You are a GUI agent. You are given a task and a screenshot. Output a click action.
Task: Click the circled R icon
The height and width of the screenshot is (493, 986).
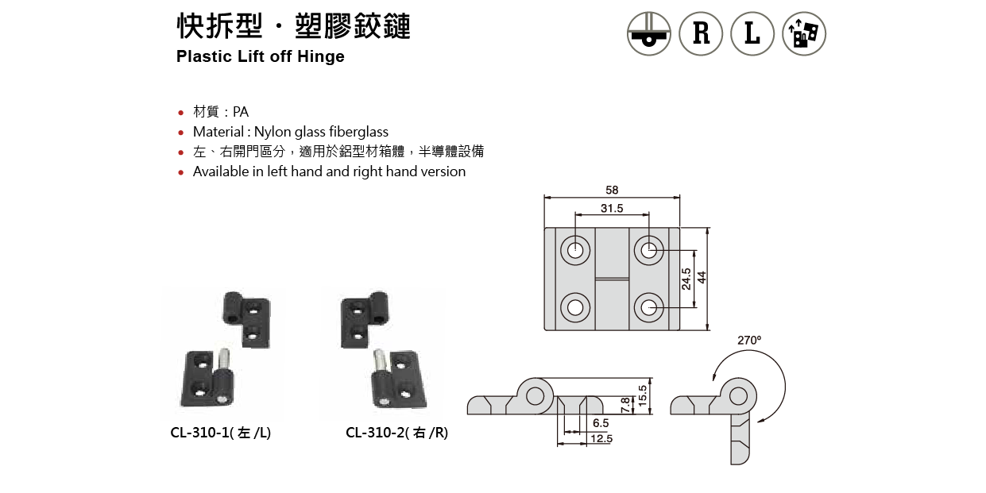(701, 33)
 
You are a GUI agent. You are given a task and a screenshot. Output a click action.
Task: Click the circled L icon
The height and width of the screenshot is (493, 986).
(752, 33)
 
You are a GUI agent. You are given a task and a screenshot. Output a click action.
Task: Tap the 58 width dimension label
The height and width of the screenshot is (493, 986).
(611, 191)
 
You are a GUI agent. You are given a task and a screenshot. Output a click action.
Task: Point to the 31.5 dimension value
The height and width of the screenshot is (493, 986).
(612, 209)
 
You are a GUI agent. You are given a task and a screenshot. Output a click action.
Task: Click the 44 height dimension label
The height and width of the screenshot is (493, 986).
(702, 277)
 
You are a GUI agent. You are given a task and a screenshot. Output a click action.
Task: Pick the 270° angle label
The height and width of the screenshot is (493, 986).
(748, 340)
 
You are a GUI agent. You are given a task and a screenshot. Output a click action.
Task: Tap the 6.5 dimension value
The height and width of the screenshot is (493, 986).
(601, 424)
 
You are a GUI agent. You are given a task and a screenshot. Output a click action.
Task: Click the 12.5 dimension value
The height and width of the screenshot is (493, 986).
(601, 438)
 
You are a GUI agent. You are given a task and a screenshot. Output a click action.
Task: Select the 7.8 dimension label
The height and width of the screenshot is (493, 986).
(625, 404)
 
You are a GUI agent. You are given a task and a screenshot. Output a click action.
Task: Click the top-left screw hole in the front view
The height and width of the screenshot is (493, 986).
(575, 251)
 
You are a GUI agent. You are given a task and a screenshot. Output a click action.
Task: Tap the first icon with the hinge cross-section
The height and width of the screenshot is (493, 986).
(649, 33)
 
